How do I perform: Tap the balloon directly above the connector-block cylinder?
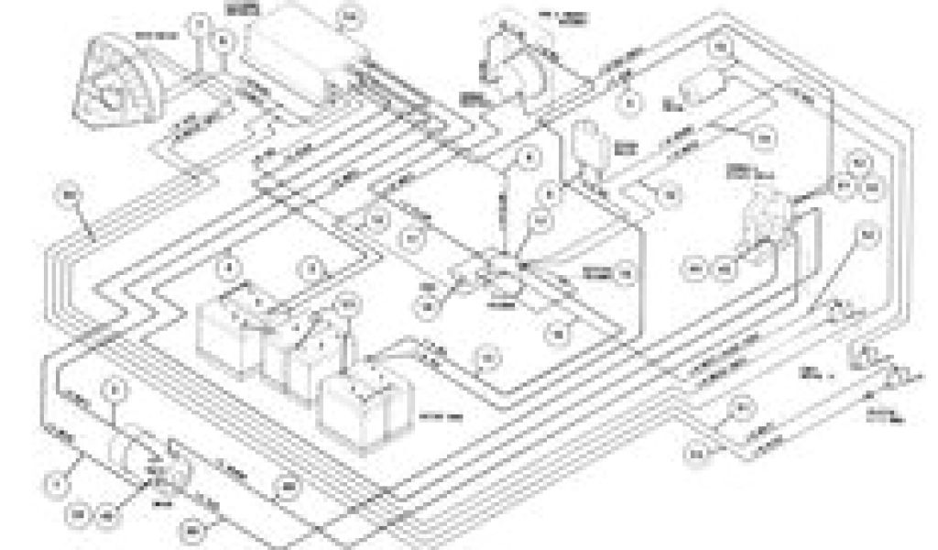point(114,390)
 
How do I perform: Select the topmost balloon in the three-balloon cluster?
point(858,165)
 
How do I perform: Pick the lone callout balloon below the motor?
point(67,195)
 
